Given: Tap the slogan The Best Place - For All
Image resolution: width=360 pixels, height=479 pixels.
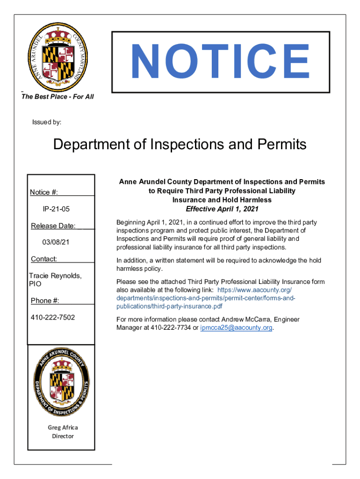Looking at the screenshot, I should tap(58, 96).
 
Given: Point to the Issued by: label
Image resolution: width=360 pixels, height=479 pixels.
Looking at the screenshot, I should tap(47, 122).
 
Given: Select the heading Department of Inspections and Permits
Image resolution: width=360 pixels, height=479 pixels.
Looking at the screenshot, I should tap(180, 145).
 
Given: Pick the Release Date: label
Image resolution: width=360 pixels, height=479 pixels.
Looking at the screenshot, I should tap(53, 226).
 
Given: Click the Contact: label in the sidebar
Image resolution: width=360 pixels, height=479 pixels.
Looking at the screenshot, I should tap(44, 259).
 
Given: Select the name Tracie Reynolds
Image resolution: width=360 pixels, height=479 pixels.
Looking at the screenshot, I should tap(55, 276).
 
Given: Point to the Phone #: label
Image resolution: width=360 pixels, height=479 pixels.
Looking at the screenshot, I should tap(48, 300).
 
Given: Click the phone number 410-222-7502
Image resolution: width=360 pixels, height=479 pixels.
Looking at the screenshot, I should tap(52, 318).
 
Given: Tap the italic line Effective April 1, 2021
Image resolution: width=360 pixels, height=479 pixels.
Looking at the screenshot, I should tap(222, 209).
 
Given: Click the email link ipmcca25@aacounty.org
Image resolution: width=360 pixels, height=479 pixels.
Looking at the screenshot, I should tap(236, 327).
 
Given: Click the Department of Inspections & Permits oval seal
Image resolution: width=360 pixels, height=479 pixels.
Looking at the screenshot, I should tap(61, 381).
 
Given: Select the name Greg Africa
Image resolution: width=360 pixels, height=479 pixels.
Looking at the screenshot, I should tap(63, 427).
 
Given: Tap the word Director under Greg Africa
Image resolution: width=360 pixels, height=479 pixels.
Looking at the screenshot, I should tap(63, 436).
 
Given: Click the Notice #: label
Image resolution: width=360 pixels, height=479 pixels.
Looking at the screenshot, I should tap(44, 192).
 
